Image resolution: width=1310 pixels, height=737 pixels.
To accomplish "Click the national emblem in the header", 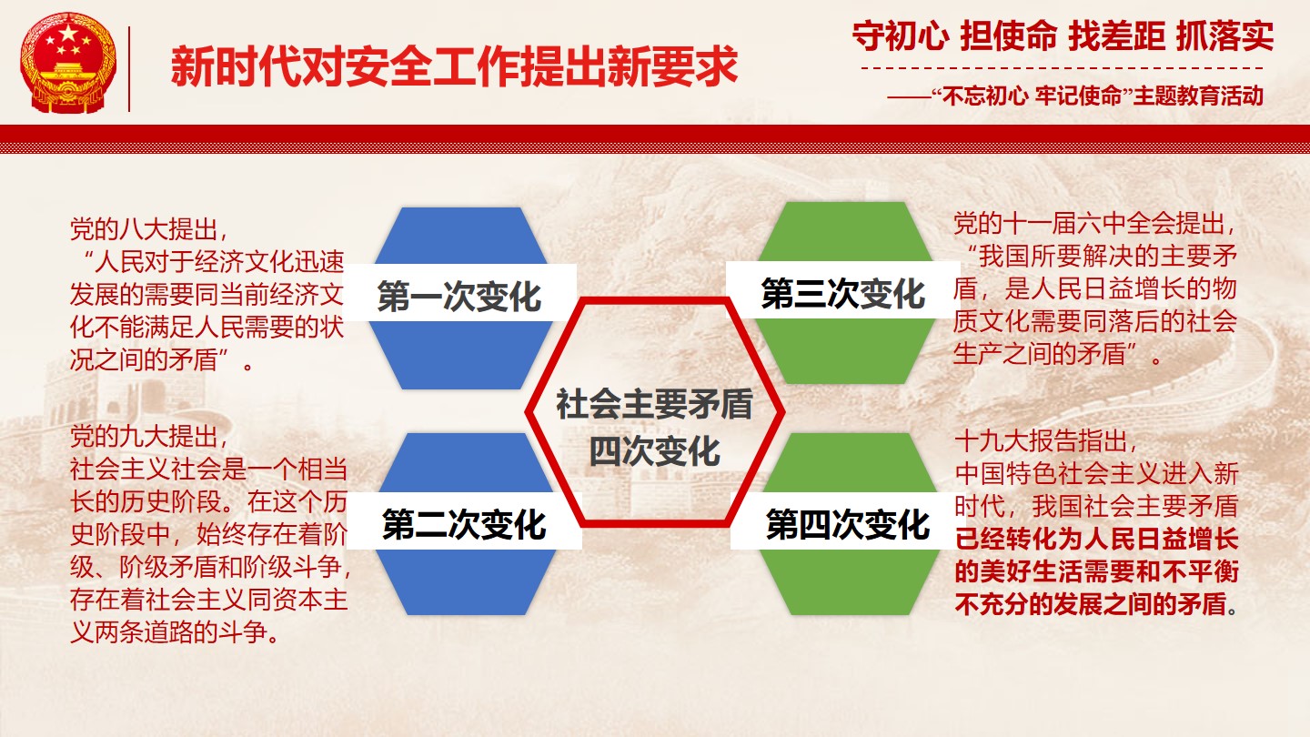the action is [68, 63].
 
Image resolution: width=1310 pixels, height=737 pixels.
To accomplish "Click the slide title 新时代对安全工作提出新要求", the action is [455, 66].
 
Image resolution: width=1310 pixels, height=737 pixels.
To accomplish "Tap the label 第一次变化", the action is [459, 296].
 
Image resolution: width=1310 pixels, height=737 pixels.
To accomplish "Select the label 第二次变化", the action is [464, 523].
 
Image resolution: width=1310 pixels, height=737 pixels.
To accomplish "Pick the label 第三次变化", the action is [842, 293].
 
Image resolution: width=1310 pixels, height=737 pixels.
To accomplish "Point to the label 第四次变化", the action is [848, 523].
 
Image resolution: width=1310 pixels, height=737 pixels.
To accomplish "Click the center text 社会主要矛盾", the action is [654, 404].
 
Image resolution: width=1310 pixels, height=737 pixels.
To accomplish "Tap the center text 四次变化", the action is [654, 451].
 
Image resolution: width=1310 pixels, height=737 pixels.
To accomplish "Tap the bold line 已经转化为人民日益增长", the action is [1096, 539].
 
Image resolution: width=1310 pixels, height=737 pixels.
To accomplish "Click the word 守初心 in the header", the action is [900, 35].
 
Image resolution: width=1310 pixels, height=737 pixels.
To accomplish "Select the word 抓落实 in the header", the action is [1224, 35].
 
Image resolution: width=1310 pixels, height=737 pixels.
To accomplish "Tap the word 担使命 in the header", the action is [1008, 35].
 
